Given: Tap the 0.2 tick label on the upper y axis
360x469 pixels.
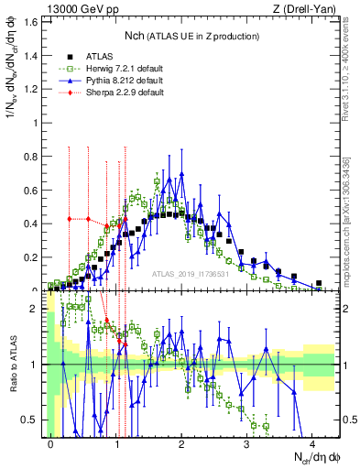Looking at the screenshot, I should tap(33, 256).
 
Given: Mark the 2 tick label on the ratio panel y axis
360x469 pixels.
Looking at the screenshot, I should tap(38, 309).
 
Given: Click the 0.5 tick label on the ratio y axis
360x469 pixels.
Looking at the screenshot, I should tap(33, 420).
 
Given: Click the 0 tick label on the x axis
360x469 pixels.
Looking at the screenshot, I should tap(51, 443).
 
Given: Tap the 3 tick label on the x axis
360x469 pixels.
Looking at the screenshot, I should tap(246, 443).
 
